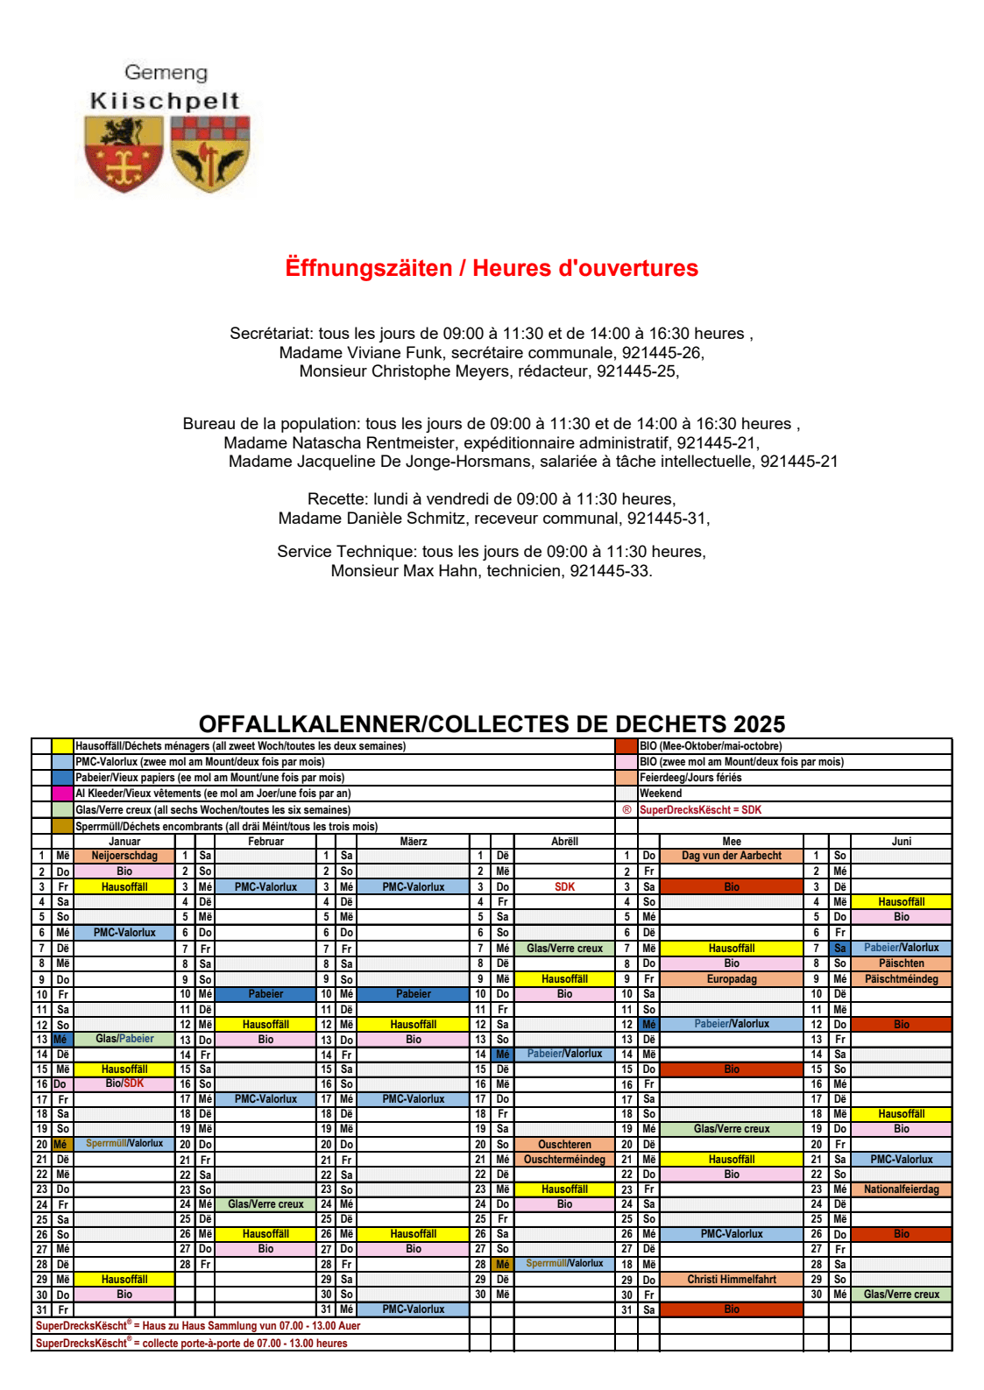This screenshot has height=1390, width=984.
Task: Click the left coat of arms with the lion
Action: click(124, 155)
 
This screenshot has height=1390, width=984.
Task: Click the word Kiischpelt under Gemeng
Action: click(165, 102)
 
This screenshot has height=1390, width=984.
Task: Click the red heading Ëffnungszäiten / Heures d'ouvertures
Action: click(492, 268)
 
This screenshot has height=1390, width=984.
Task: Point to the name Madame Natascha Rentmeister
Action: click(340, 443)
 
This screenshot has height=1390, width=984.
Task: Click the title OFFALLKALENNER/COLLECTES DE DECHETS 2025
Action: click(492, 724)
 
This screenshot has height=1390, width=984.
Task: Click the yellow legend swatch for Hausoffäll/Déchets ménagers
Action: click(62, 746)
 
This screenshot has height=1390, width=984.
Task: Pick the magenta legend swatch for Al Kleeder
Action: click(62, 794)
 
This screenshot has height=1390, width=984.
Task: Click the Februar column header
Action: click(265, 842)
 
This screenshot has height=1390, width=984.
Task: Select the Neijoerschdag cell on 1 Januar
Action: click(124, 856)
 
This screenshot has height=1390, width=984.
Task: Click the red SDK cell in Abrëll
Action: click(564, 887)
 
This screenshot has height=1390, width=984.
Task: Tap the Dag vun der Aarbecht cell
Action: click(732, 856)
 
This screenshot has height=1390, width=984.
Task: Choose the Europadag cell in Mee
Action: click(732, 979)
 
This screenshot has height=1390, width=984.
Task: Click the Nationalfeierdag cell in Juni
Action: click(901, 1189)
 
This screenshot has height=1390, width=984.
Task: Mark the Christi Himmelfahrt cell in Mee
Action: click(732, 1280)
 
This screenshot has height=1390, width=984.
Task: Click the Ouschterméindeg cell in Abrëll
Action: click(564, 1160)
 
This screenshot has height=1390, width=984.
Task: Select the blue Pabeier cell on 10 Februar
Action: click(265, 994)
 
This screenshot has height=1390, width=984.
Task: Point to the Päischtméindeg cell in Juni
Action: click(901, 979)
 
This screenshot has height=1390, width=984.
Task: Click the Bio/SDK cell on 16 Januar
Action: click(124, 1083)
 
